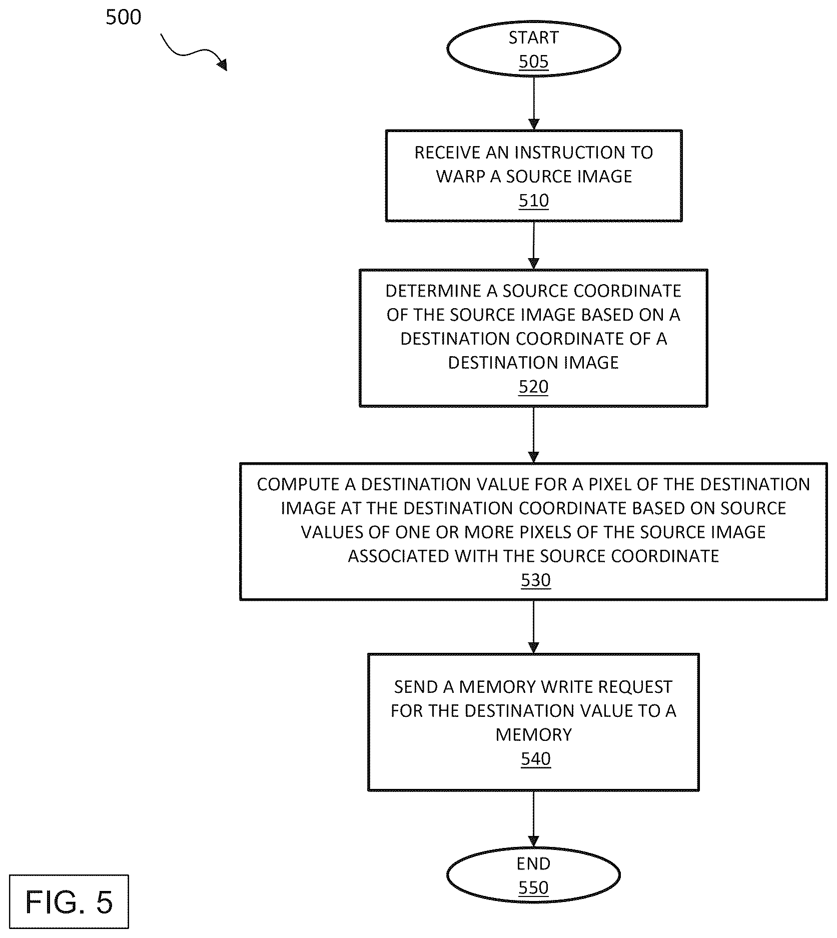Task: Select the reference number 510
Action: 534,201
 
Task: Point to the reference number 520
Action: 533,387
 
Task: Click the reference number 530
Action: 536,580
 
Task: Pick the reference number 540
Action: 536,759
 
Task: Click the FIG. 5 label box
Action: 69,902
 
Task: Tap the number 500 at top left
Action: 124,18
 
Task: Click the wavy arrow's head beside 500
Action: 222,64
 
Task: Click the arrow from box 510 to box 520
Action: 534,246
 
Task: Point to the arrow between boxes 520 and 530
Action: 534,435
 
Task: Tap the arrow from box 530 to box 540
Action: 534,627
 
